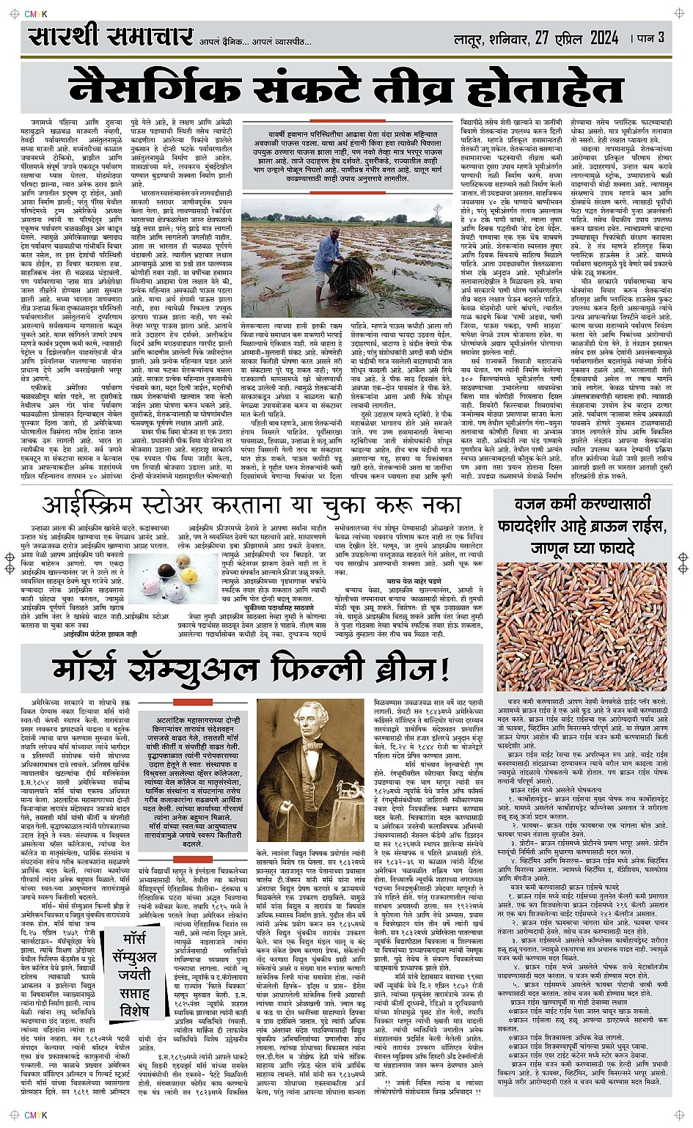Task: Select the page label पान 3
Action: [x=649, y=37]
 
